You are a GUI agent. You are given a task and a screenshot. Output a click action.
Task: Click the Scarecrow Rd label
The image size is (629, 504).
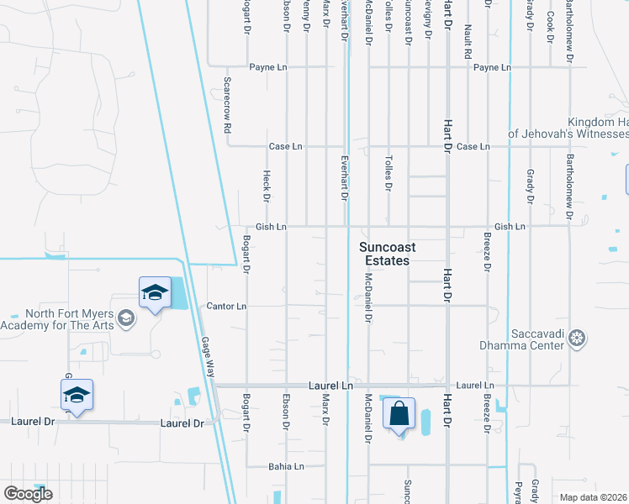click(x=227, y=106)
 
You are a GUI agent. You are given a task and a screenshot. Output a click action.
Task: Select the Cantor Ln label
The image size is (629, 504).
click(x=226, y=307)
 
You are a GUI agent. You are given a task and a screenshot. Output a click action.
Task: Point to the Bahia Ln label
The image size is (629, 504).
click(x=285, y=466)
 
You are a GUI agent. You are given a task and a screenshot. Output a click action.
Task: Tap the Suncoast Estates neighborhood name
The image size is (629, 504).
click(x=384, y=254)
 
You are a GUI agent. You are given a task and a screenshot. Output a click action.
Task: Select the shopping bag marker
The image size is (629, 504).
click(x=399, y=414)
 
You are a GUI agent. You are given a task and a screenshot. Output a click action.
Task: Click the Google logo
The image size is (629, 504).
click(x=28, y=494)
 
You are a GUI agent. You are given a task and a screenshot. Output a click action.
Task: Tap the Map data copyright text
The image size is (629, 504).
click(x=593, y=497)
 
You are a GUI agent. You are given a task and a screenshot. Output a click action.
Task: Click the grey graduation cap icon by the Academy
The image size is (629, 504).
click(x=126, y=317)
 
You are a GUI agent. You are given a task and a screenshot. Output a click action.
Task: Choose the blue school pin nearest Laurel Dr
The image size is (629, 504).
click(x=77, y=396)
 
